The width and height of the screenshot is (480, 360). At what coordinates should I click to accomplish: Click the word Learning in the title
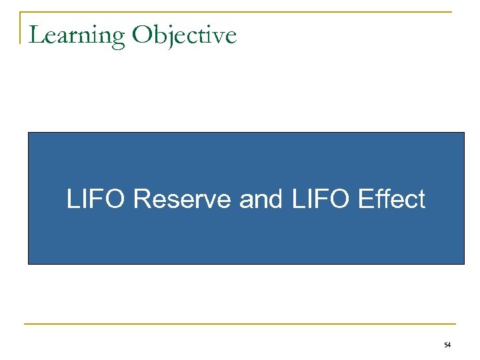[x=77, y=35]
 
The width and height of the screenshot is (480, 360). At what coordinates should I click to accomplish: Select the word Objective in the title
[x=184, y=35]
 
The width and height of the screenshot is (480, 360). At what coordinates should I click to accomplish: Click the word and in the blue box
[x=261, y=199]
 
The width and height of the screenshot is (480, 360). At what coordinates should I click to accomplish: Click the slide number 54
[x=447, y=345]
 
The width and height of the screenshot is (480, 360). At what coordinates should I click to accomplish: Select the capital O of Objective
[x=142, y=35]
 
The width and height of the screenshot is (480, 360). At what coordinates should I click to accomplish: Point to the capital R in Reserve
[x=141, y=199]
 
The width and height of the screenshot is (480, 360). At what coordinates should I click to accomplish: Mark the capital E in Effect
[x=363, y=199]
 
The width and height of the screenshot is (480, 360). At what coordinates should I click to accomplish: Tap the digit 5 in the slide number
[x=445, y=345]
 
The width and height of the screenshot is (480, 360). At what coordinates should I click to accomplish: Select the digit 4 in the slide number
[x=449, y=345]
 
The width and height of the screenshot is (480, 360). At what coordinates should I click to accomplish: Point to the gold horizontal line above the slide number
[x=240, y=325]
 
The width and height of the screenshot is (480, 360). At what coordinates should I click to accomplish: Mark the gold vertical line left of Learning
[x=21, y=27]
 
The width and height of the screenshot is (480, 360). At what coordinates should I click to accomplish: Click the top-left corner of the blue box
[x=29, y=133]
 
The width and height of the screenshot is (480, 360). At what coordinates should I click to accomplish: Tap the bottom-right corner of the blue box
[x=463, y=263]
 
